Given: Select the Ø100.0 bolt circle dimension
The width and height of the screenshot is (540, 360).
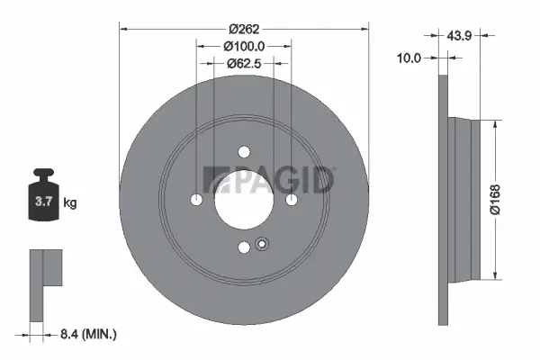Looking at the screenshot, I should tap(245, 45).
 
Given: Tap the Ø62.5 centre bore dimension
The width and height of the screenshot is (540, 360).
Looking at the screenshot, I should tap(244, 63).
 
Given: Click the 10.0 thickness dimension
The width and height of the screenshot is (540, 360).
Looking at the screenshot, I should tap(410, 58).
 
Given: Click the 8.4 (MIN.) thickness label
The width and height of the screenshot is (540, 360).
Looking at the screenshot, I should tap(88, 335).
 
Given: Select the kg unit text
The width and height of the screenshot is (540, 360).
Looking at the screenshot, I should tap(70, 203).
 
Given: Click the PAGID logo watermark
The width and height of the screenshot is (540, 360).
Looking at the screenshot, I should tap(270, 180).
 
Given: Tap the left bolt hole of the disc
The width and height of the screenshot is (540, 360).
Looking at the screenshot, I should tap(198, 200).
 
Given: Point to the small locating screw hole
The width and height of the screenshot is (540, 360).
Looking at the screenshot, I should tap(262, 243).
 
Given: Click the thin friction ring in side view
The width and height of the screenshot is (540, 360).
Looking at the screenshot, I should tap(442, 200).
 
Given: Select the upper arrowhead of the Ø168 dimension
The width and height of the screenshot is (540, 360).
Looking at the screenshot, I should tap(494, 121).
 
